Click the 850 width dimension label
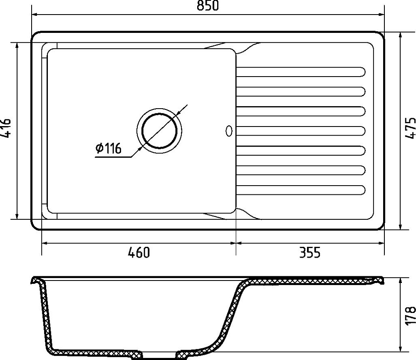click(208, 5)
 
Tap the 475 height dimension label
click(410, 128)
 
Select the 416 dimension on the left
click(5, 128)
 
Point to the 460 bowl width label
click(139, 252)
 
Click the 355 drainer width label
click(310, 252)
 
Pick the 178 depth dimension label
click(410, 315)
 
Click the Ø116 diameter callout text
click(108, 148)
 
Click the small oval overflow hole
click(229, 131)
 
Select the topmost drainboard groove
click(301, 72)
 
